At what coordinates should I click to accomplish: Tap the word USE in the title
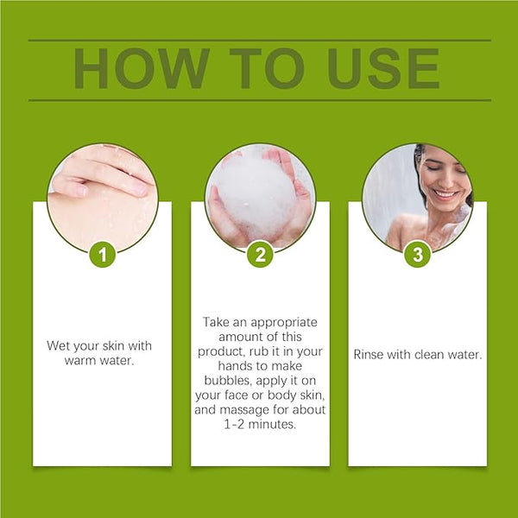383,68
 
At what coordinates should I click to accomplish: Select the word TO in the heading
267,68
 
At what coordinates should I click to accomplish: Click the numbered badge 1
103,255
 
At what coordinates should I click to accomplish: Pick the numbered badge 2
261,255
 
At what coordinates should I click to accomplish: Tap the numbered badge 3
418,255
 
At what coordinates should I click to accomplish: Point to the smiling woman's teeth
445,193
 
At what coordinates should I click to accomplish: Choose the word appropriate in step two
284,323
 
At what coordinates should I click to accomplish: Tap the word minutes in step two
272,424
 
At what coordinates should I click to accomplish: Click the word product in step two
221,352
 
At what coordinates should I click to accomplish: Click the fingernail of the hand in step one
79,191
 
